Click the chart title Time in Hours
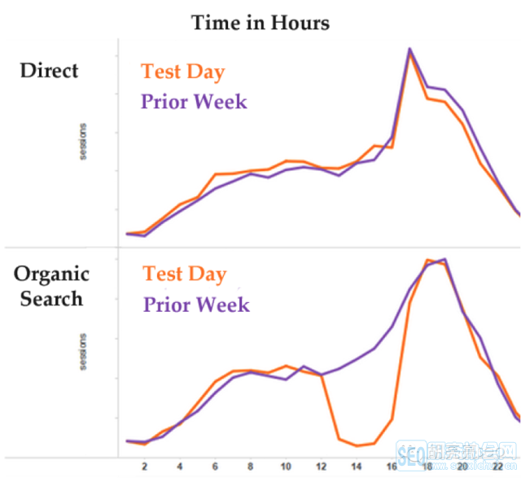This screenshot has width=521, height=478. pyautogui.click(x=260, y=22)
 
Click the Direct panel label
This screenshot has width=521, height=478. pyautogui.click(x=50, y=70)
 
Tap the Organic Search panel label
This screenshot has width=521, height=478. pyautogui.click(x=51, y=286)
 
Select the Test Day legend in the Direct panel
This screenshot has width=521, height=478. pyautogui.click(x=183, y=71)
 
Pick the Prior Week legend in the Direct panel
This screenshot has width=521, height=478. pyautogui.click(x=194, y=102)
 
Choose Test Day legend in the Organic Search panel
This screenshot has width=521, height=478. pyautogui.click(x=185, y=274)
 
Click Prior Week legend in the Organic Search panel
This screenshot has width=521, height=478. pyautogui.click(x=196, y=305)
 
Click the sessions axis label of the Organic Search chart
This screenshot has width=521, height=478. pyautogui.click(x=83, y=351)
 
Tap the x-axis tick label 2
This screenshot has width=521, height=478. pyautogui.click(x=145, y=467)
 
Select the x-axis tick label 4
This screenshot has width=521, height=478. pyautogui.click(x=180, y=467)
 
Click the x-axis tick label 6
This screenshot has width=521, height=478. pyautogui.click(x=215, y=467)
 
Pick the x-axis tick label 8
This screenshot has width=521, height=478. pyautogui.click(x=250, y=467)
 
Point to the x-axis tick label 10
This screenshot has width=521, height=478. pyautogui.click(x=285, y=467)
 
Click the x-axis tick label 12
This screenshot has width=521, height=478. pyautogui.click(x=321, y=467)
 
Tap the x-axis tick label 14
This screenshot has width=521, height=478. pyautogui.click(x=356, y=467)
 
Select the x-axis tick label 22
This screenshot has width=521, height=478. pyautogui.click(x=497, y=467)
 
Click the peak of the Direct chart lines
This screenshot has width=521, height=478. pyautogui.click(x=410, y=49)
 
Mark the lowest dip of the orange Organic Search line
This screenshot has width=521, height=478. pyautogui.click(x=357, y=445)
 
